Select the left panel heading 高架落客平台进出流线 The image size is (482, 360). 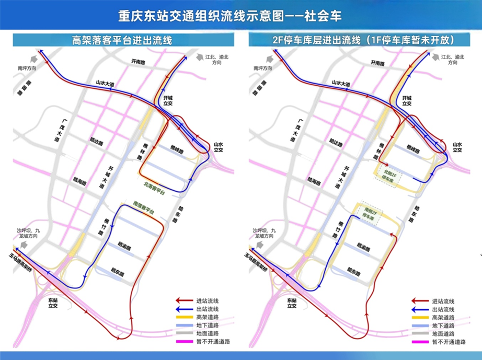coord(122,40)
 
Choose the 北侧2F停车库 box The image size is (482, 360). coord(388,175)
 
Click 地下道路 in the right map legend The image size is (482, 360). coord(442,326)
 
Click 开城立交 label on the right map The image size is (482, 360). coord(406,101)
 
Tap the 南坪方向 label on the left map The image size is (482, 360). coord(27,68)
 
